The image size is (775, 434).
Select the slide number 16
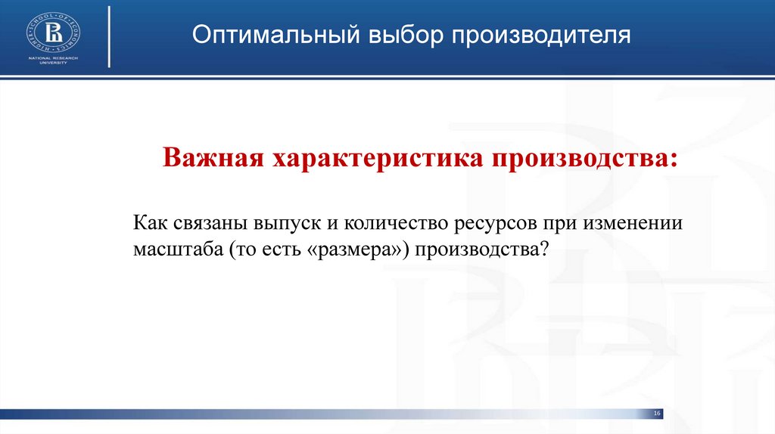(x=657, y=413)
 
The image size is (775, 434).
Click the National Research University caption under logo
(x=54, y=60)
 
